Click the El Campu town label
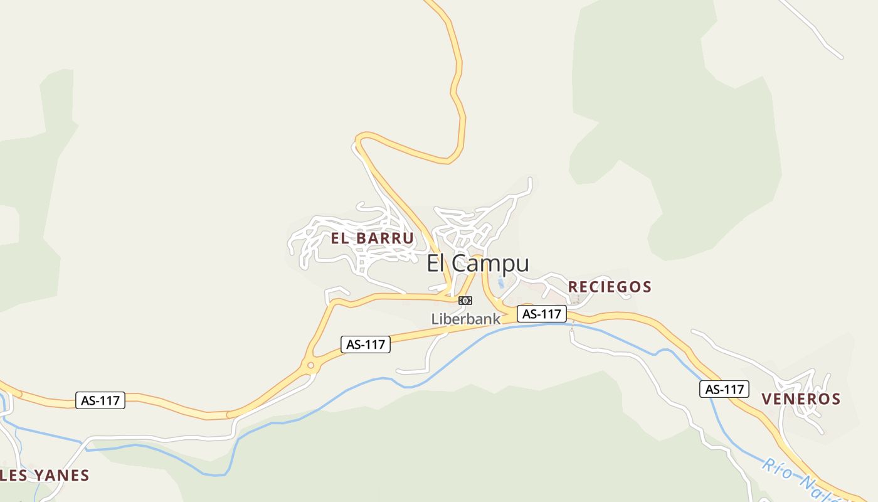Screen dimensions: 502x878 [478, 264]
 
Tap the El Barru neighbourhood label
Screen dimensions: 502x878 [373, 238]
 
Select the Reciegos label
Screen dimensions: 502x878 [610, 287]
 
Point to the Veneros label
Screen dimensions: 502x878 [801, 399]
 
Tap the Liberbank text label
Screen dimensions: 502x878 [465, 319]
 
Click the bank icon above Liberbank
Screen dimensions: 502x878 [465, 301]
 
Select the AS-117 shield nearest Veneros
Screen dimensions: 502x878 [724, 389]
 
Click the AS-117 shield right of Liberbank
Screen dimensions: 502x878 [542, 314]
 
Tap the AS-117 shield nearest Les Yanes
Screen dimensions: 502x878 [100, 400]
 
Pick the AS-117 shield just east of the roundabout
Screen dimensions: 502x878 [366, 344]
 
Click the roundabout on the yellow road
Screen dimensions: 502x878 [310, 366]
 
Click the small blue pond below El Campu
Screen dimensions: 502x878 [500, 284]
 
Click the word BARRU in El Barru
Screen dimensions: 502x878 [384, 238]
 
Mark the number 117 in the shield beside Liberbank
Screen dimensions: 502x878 [550, 314]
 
